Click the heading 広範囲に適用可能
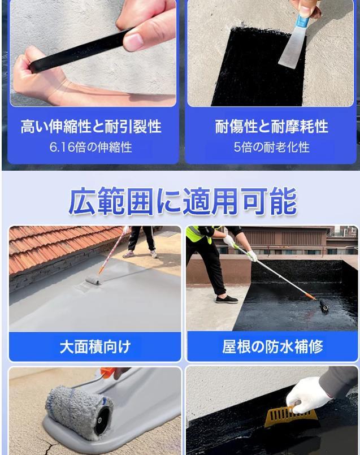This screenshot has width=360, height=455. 183,201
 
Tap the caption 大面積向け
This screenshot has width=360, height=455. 95,347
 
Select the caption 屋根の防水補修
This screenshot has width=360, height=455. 272,347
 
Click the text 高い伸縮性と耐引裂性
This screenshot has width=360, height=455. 91,127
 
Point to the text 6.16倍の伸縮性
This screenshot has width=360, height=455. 91,147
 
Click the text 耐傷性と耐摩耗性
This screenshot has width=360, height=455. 271,127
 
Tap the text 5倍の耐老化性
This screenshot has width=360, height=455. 271,147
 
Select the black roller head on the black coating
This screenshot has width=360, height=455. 324,306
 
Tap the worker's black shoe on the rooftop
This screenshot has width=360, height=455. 227,299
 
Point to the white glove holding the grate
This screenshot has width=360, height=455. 308,393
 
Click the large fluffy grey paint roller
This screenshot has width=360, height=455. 80,412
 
